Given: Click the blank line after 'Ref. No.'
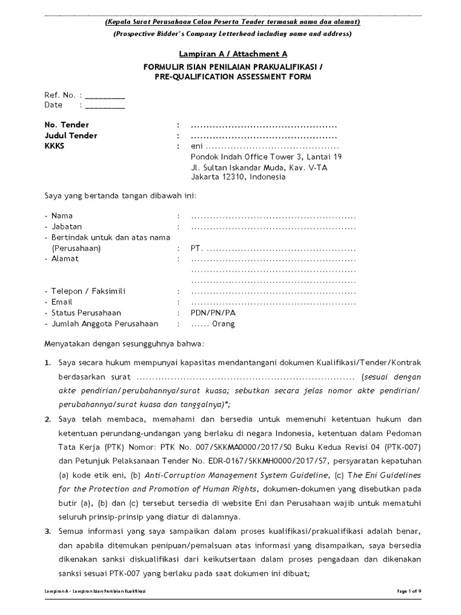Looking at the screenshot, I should [105, 95].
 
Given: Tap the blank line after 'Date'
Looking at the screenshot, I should [105, 106].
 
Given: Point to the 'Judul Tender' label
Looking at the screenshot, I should [71, 136].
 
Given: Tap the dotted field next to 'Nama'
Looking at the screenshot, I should [273, 216].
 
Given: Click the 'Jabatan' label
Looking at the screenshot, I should [67, 226].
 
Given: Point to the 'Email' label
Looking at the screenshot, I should [62, 302].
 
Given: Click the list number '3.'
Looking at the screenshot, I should [49, 532].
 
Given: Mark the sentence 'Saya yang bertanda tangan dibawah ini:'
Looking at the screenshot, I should [120, 196].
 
